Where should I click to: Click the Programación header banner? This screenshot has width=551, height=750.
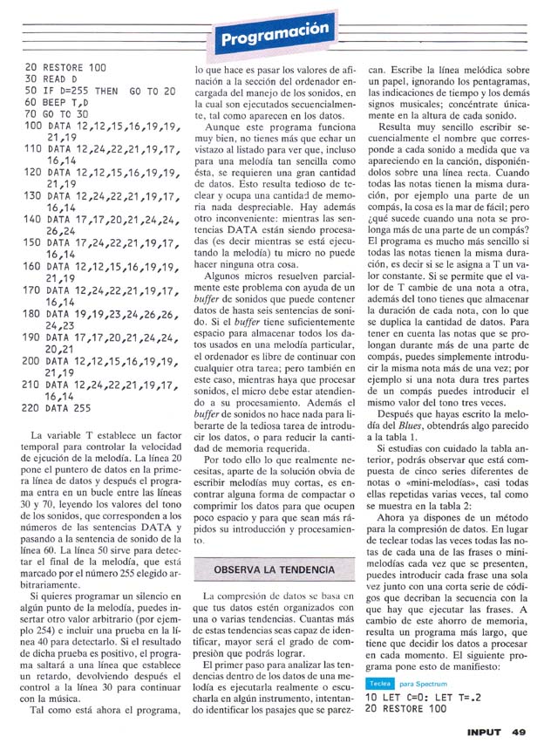(275, 36)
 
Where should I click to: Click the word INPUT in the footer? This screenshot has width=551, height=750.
(484, 731)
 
